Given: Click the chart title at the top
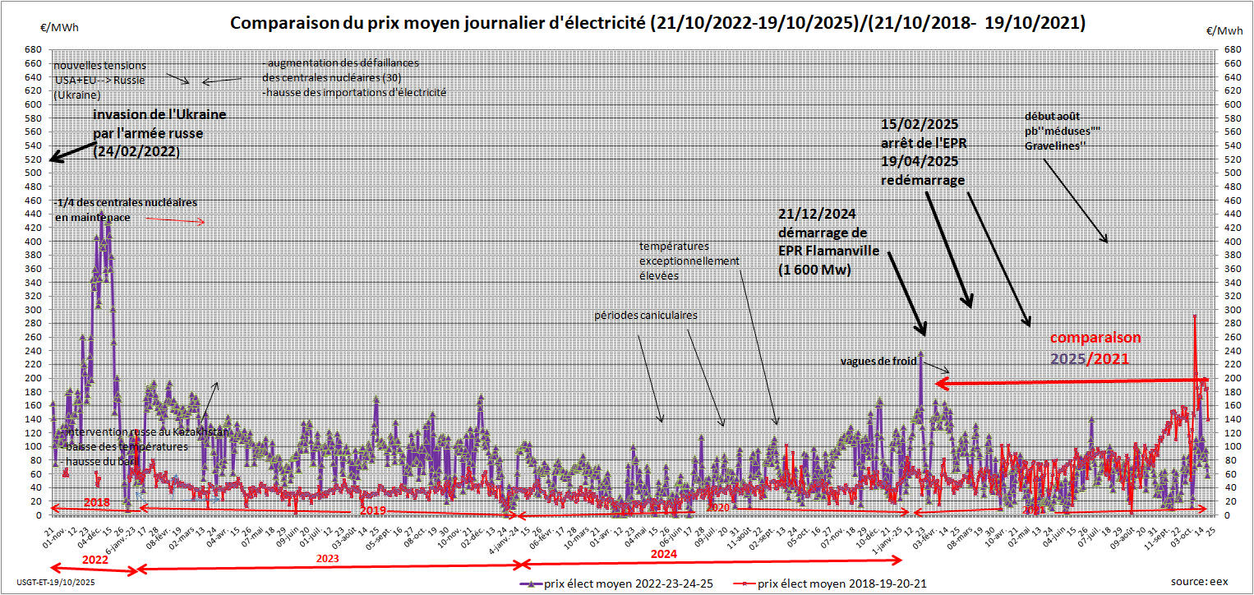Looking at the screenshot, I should coord(657,23).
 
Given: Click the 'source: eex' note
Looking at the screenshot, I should coord(1201,581).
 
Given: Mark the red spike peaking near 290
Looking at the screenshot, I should coord(1194,316).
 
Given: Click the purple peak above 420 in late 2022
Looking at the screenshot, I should coord(108,224).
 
